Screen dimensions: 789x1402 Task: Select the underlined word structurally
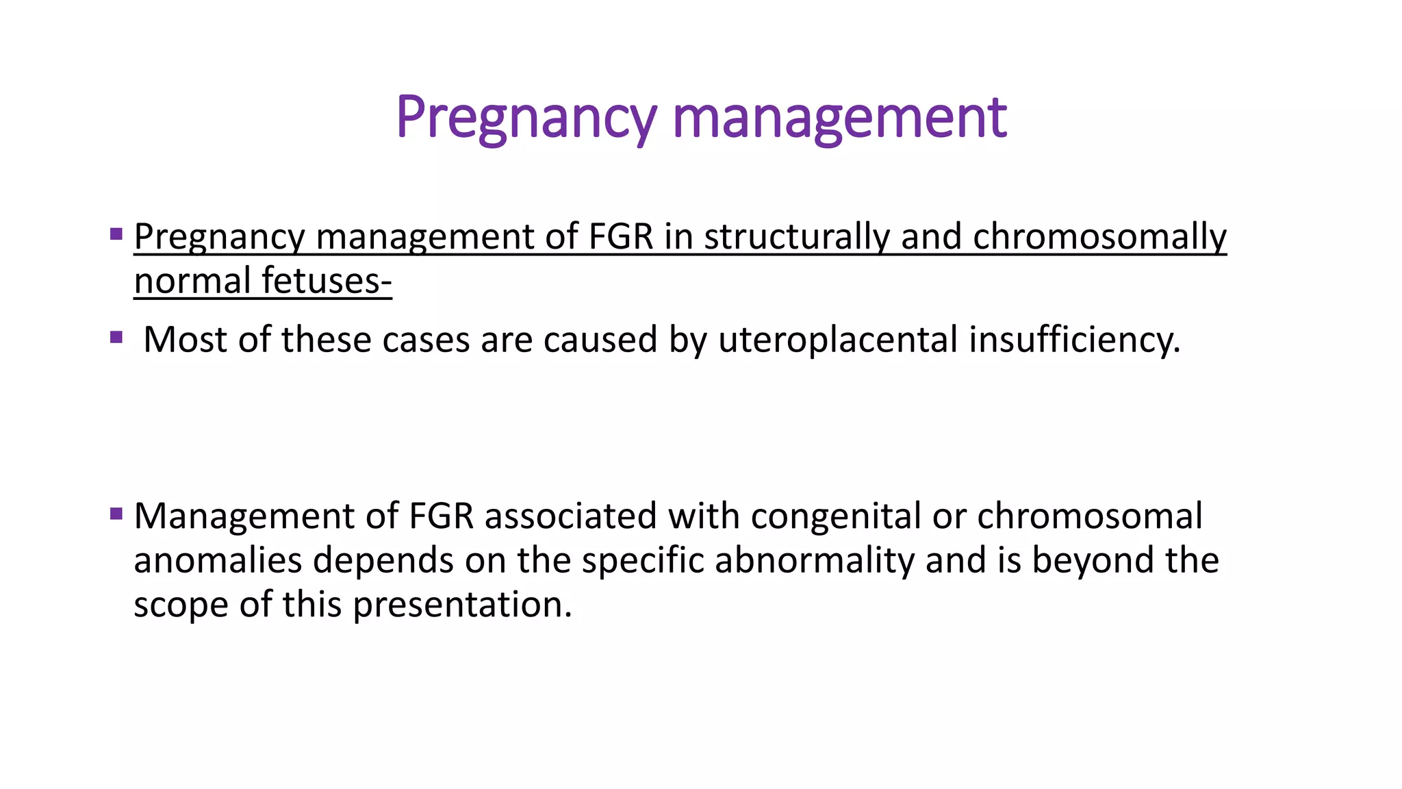[796, 237]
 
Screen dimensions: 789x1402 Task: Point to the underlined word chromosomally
[1099, 237]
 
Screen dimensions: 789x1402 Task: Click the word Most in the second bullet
[185, 340]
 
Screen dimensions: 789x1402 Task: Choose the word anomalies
[218, 560]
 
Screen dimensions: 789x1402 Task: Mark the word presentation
[462, 605]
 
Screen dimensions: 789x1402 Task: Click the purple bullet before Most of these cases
[116, 337]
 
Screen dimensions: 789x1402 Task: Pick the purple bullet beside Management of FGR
[116, 513]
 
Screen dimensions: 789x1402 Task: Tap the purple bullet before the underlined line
[116, 234]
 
